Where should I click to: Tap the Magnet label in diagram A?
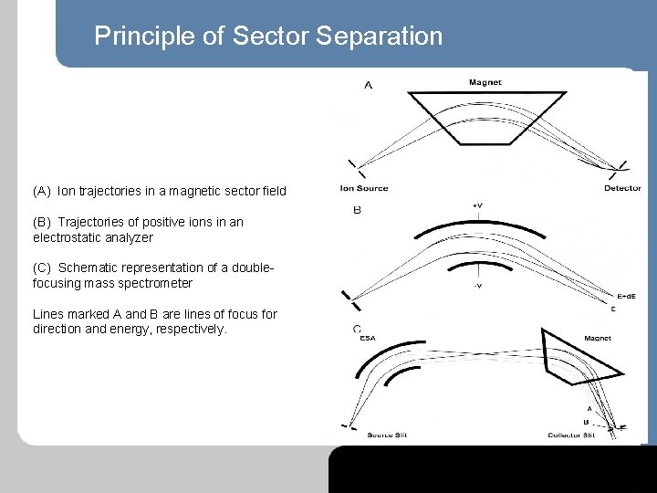[x=485, y=83]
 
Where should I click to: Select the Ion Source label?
[x=364, y=189]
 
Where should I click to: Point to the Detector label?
[x=622, y=189]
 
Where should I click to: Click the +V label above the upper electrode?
[x=477, y=205]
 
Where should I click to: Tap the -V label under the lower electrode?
[x=477, y=286]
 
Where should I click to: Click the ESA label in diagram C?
[x=368, y=338]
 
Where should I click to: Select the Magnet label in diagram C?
[x=598, y=338]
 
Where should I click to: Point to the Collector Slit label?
[x=572, y=435]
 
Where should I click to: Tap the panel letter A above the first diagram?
[x=368, y=86]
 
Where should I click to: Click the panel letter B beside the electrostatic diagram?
[x=357, y=210]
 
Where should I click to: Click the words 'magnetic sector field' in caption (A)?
[x=235, y=192]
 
